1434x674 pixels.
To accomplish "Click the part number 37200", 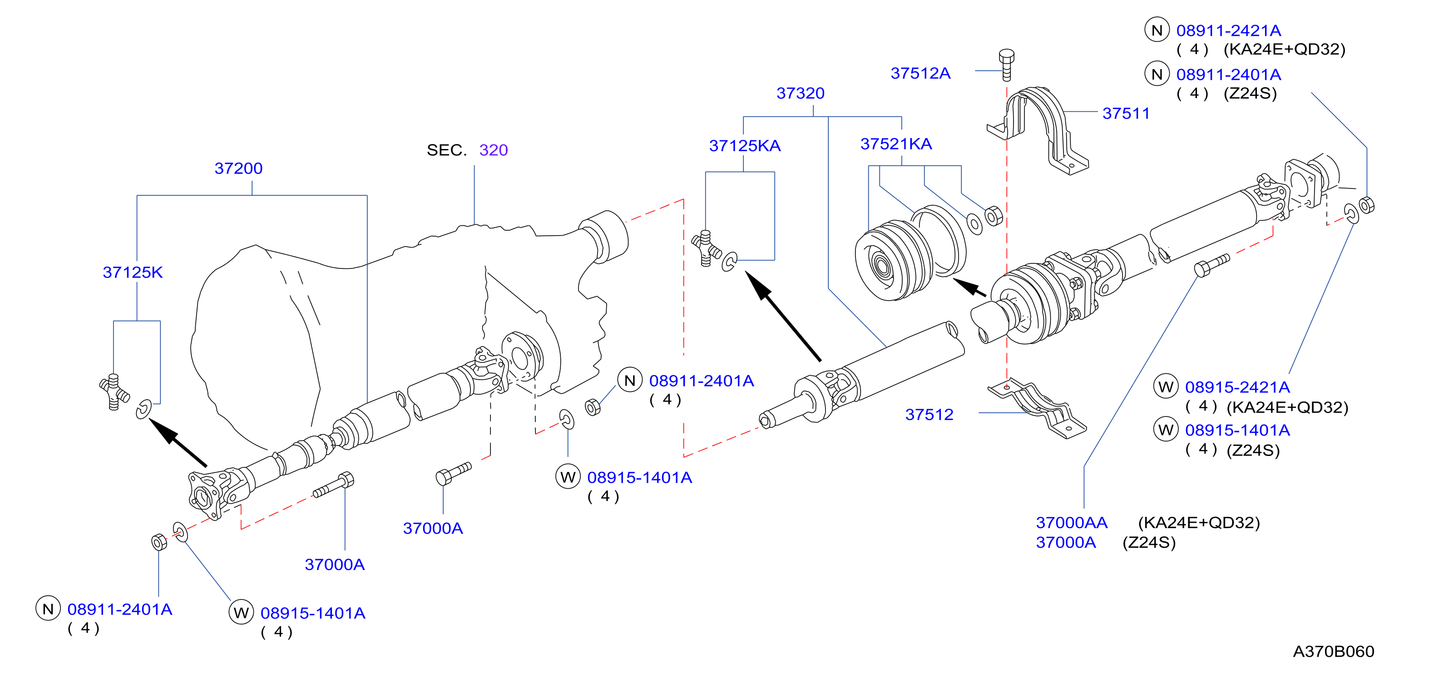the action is [238, 168].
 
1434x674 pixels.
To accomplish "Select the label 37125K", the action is [133, 272].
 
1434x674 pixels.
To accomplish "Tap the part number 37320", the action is [800, 93].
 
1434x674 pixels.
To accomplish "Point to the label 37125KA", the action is [744, 145].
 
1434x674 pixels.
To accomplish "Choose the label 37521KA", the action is [896, 144].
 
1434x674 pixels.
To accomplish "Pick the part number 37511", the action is [1126, 113].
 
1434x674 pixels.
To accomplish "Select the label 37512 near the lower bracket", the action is [929, 414].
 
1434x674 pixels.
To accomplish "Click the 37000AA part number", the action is [1071, 523].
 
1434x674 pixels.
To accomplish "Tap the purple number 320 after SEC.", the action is [493, 150].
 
